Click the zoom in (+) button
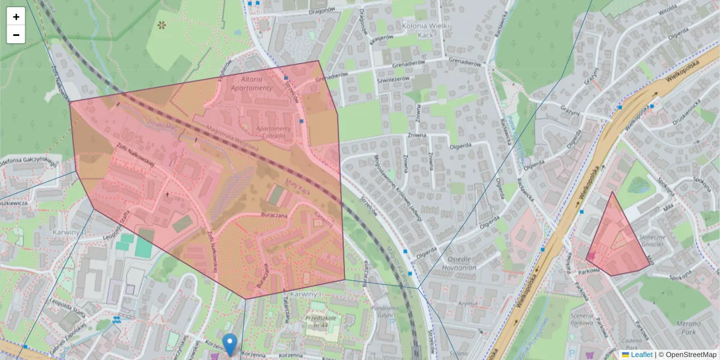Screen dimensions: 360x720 (x=16, y=16)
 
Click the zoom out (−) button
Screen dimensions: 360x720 (x=16, y=35)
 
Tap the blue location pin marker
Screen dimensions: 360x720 (x=229, y=344)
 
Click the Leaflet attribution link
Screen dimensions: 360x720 (x=641, y=355)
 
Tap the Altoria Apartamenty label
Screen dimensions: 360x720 (x=256, y=83)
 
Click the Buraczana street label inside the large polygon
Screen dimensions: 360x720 (x=274, y=214)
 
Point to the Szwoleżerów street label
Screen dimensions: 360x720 (x=393, y=79)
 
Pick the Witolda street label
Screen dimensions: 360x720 (x=667, y=11)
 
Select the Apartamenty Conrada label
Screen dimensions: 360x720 (x=273, y=131)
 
